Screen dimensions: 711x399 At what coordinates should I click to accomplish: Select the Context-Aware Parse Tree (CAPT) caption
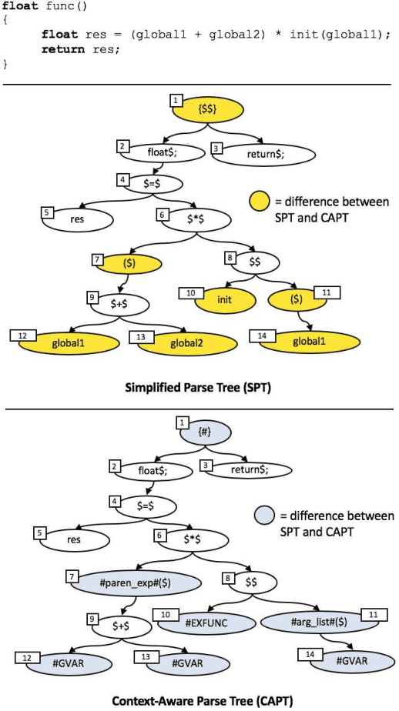point(202,700)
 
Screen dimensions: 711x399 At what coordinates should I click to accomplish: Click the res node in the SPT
point(78,219)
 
